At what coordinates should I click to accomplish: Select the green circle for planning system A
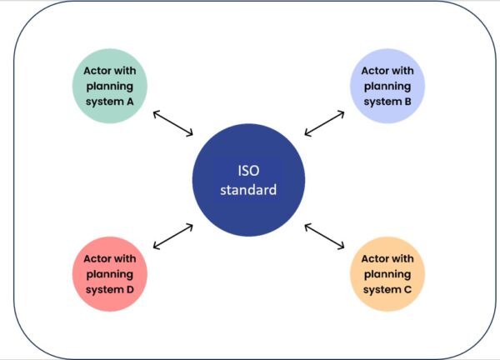coord(109,85)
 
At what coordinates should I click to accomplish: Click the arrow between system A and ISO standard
coord(173,122)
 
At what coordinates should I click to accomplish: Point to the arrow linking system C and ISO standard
coord(324,236)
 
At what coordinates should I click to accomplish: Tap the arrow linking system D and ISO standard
coord(173,237)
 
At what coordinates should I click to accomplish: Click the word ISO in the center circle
coord(247,171)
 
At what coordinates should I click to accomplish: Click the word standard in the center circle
coord(247,190)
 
